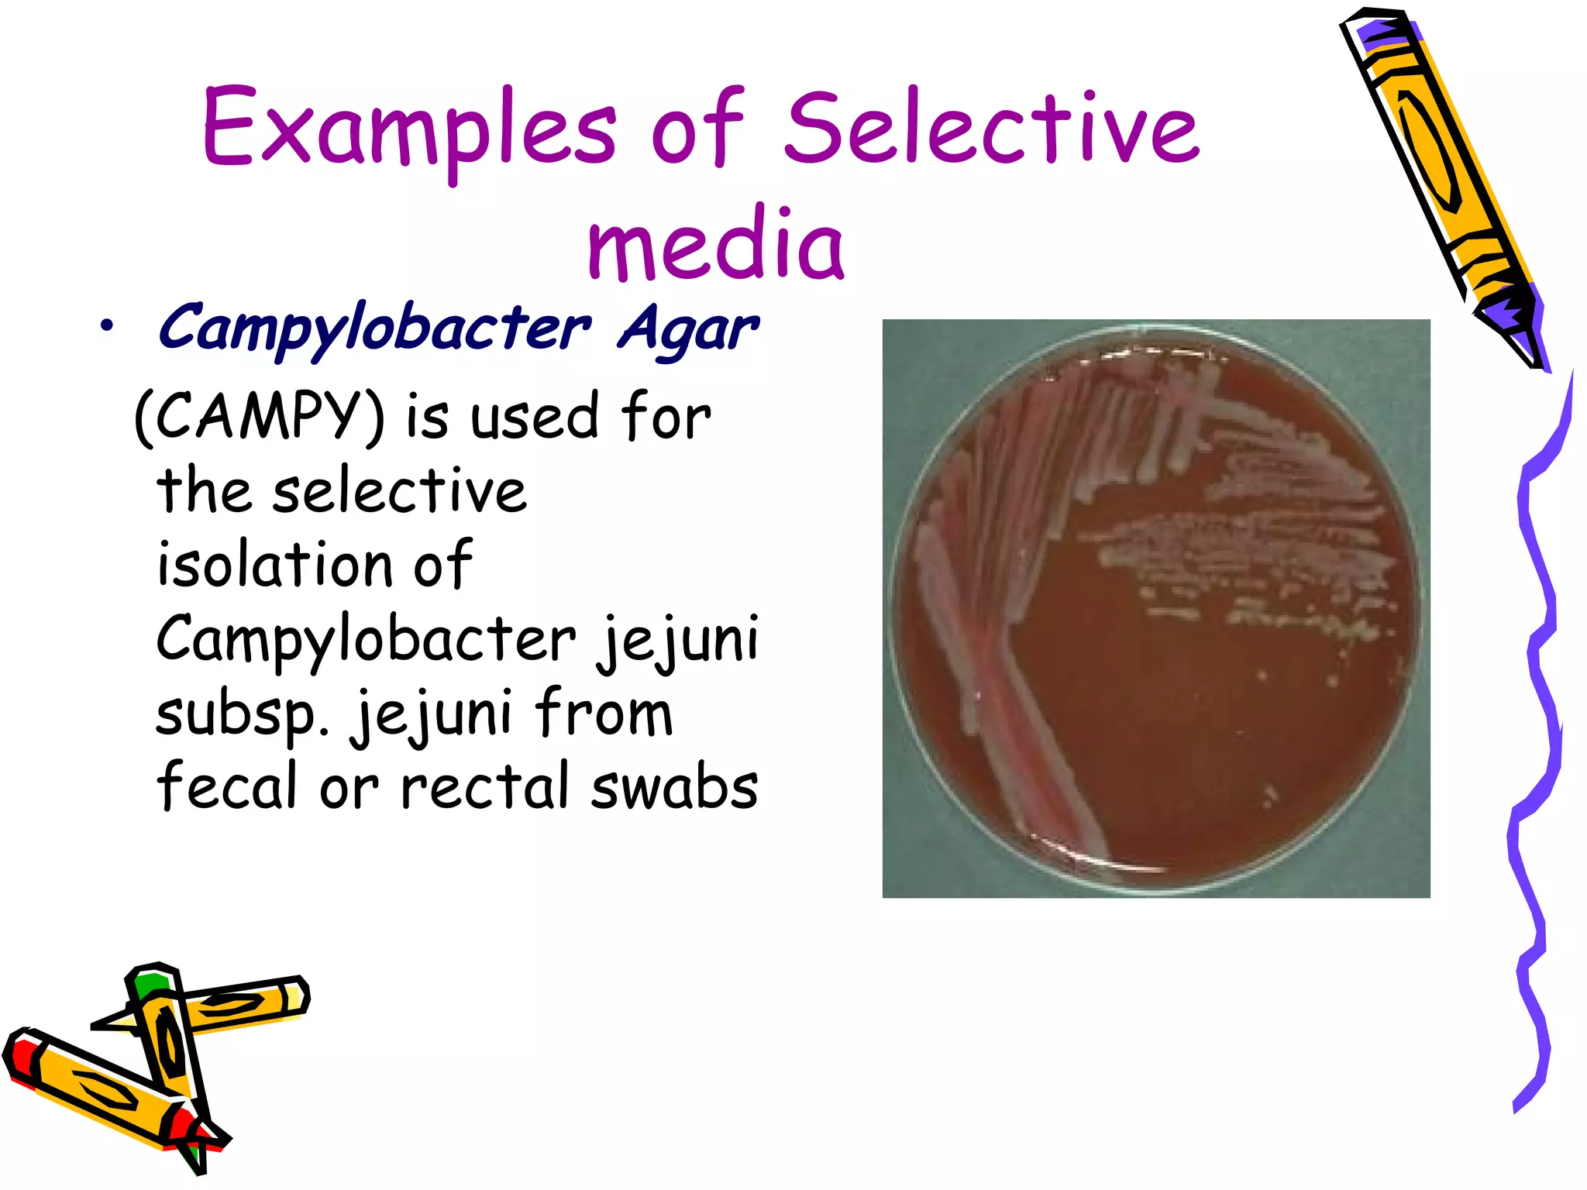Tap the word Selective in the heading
coord(992,128)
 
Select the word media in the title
coord(714,244)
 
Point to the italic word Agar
coord(688,329)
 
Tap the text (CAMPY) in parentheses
coord(259,416)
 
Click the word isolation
coord(274,564)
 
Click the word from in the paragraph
coord(604,713)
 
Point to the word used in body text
coord(535,416)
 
